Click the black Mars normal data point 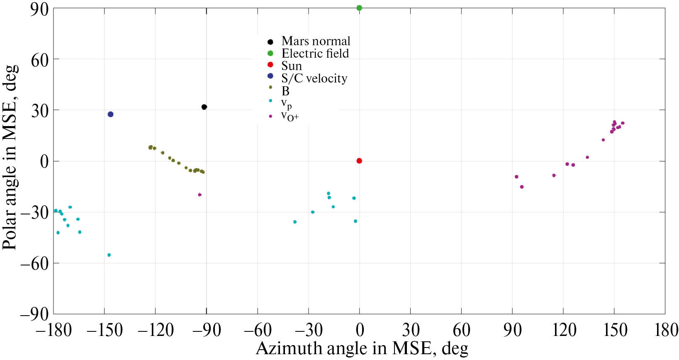coord(204,107)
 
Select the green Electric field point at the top coord(359,8)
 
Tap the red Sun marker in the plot coord(359,161)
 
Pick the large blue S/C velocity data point coord(111,114)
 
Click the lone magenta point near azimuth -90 coord(200,195)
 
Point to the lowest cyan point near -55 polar coord(109,255)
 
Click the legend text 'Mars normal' coord(316,41)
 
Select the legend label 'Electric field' coord(315,54)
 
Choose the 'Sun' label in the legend coord(292,66)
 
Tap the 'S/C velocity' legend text coord(314,78)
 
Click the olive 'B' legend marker coord(270,87)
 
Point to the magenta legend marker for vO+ coord(270,116)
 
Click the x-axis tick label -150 coord(104,331)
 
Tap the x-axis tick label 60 coord(462,331)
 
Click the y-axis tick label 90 coord(39,9)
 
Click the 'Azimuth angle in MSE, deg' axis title coord(362,349)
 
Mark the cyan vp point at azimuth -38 coord(295,222)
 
